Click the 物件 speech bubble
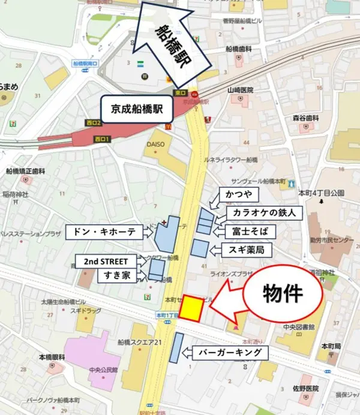(x=283, y=293)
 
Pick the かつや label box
(x=239, y=195)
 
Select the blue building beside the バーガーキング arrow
(x=176, y=348)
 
